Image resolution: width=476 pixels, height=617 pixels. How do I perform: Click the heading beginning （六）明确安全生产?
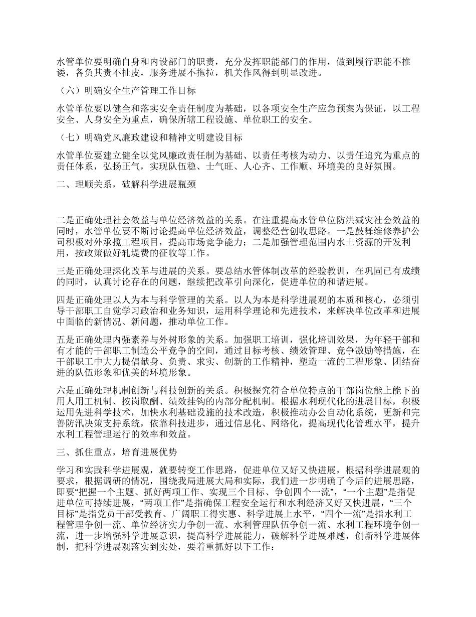point(125,91)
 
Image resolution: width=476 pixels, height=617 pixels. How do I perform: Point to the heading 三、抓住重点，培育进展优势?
point(116,451)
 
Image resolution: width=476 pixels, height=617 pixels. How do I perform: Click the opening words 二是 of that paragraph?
point(65,220)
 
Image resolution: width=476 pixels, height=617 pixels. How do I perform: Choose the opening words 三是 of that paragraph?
point(65,266)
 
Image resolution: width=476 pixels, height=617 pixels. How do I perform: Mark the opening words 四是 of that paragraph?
point(65,300)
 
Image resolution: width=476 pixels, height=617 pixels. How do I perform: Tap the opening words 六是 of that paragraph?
point(65,390)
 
